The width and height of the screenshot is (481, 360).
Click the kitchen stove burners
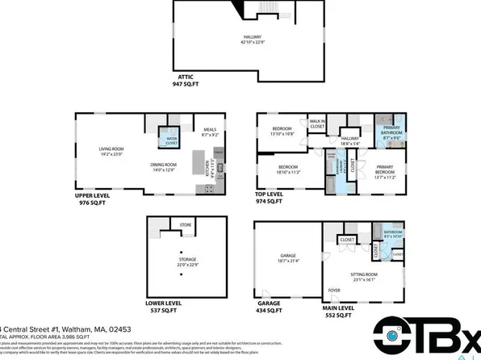coord(209,189)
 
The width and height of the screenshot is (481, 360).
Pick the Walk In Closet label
coord(316,123)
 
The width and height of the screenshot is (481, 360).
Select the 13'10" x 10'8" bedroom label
coord(282,130)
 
